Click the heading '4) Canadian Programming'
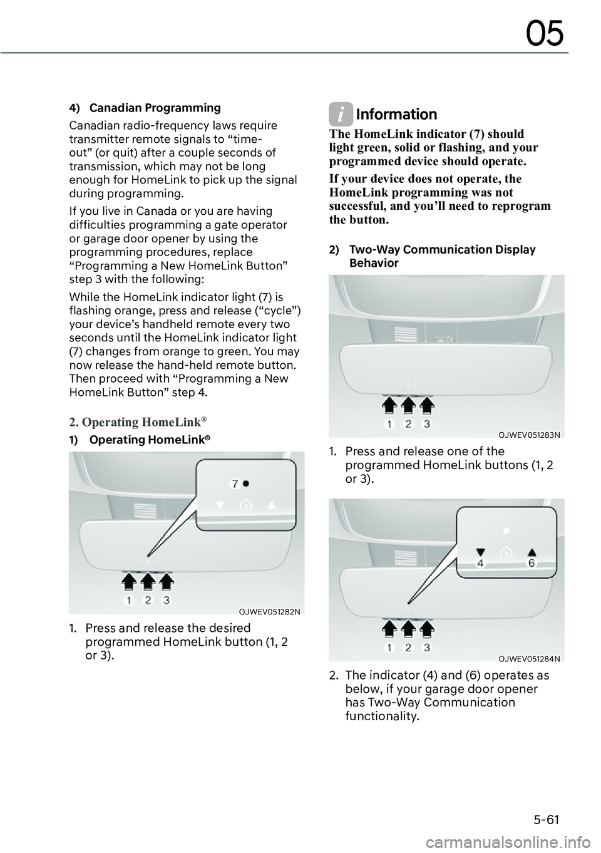[145, 108]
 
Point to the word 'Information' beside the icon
[396, 114]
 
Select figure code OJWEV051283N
[530, 434]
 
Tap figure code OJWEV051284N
[530, 658]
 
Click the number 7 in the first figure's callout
[235, 483]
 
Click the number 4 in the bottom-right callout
[480, 563]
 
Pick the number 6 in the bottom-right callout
[532, 563]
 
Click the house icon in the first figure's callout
[247, 505]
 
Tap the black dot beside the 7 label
[246, 483]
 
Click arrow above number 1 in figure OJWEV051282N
[128, 582]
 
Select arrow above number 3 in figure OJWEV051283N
[427, 405]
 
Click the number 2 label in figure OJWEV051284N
[408, 647]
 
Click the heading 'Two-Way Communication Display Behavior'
[441, 256]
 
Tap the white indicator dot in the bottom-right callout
[506, 530]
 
